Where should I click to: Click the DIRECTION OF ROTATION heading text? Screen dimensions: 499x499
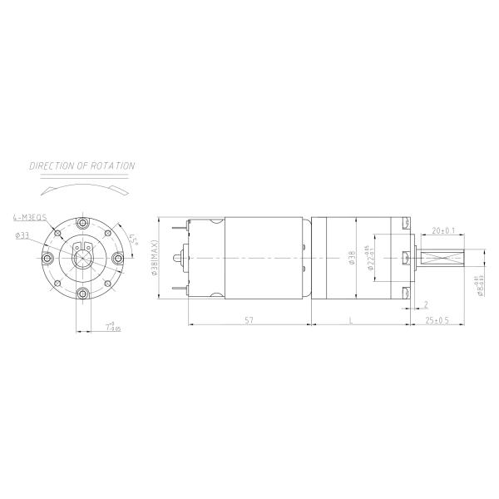82,166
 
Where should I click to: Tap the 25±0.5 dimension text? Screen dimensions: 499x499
437,319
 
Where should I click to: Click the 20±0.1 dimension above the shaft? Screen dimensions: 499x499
442,230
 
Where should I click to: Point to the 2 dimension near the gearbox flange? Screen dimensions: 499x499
425,304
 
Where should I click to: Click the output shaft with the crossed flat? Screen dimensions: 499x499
442,259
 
